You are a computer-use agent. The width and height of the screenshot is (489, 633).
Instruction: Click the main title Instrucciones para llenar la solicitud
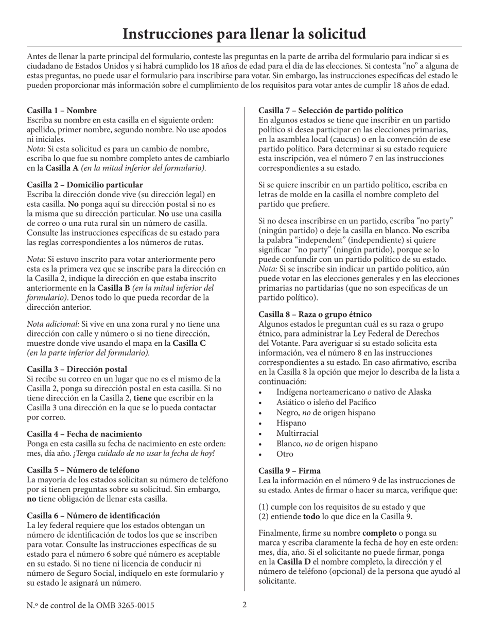click(x=244, y=34)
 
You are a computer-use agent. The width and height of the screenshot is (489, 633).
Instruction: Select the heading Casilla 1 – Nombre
click(x=62, y=110)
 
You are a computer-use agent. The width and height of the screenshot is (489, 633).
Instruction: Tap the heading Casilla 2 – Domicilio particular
click(x=85, y=185)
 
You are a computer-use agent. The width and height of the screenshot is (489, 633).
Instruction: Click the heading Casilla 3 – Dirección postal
click(x=77, y=369)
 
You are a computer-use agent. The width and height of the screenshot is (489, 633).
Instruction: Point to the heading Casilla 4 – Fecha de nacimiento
click(x=84, y=434)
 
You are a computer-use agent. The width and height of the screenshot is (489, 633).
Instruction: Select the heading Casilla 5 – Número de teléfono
click(x=83, y=470)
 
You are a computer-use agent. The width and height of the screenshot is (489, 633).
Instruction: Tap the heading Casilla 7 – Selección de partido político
click(x=330, y=110)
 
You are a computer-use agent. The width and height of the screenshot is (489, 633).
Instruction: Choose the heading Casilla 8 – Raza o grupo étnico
click(x=315, y=314)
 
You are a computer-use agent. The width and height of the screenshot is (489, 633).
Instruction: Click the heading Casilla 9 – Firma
click(x=289, y=471)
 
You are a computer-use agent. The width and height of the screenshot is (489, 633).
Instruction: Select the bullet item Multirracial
click(x=298, y=433)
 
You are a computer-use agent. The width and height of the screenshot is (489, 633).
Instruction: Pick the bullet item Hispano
click(x=291, y=423)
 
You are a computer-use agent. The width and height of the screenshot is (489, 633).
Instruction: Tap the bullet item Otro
click(x=285, y=454)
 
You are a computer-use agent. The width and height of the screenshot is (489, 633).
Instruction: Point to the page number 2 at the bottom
click(x=244, y=605)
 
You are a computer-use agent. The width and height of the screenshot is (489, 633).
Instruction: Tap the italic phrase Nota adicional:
click(x=53, y=324)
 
